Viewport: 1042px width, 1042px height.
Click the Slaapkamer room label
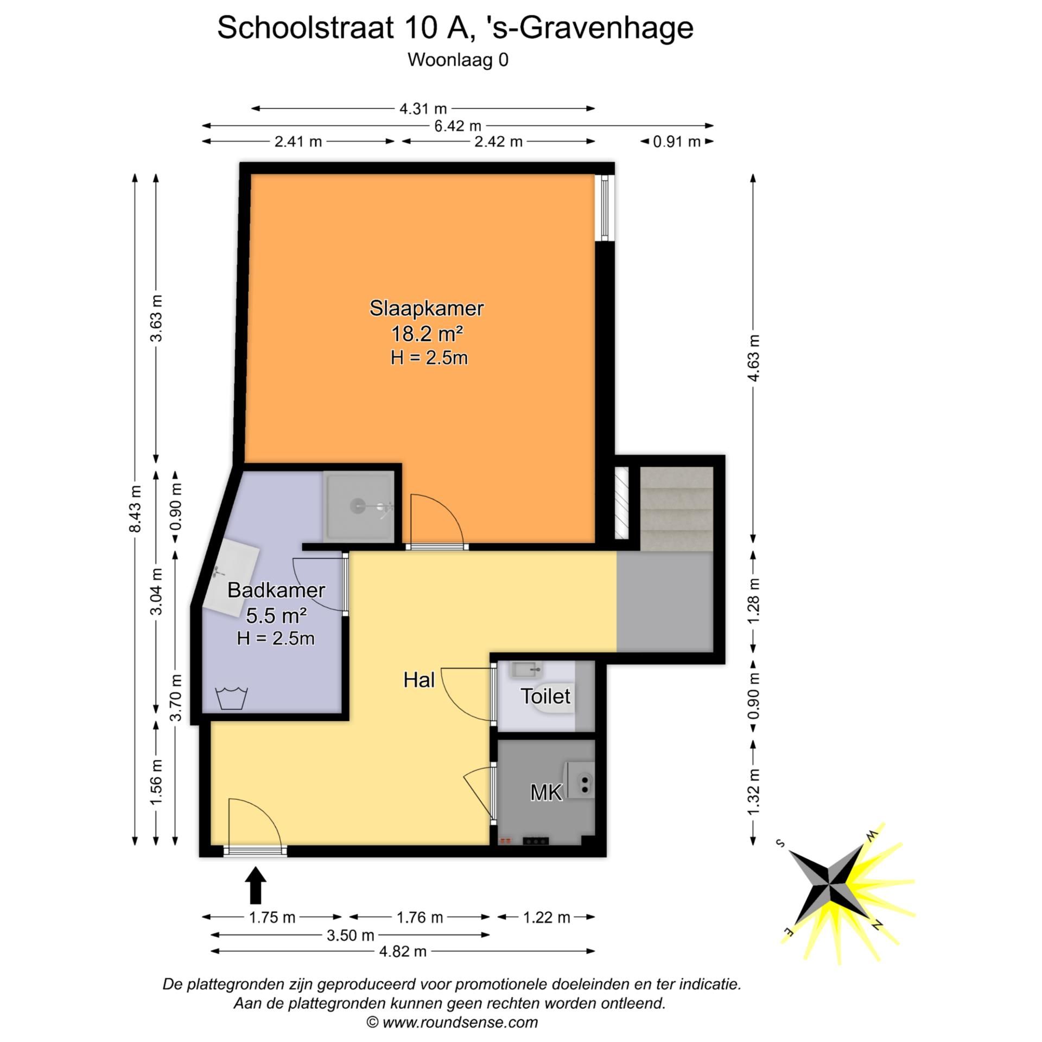pyautogui.click(x=426, y=308)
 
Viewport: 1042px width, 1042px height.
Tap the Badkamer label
pyautogui.click(x=276, y=590)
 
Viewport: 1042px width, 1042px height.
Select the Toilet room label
pyautogui.click(x=545, y=696)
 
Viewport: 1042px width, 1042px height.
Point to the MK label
pyautogui.click(x=546, y=793)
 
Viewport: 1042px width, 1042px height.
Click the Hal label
pyautogui.click(x=419, y=679)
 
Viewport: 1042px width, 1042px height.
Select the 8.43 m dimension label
pyautogui.click(x=135, y=509)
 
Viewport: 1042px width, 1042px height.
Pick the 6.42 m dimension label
pyautogui.click(x=457, y=126)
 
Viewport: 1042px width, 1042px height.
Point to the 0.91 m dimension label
pyautogui.click(x=676, y=142)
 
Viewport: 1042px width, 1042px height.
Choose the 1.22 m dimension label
pyautogui.click(x=547, y=917)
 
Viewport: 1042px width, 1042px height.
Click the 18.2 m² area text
pyautogui.click(x=427, y=334)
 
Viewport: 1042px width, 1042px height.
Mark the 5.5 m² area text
pyautogui.click(x=276, y=615)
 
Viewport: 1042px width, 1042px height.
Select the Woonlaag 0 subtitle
pyautogui.click(x=458, y=60)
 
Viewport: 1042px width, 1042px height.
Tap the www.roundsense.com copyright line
pyautogui.click(x=453, y=1022)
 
